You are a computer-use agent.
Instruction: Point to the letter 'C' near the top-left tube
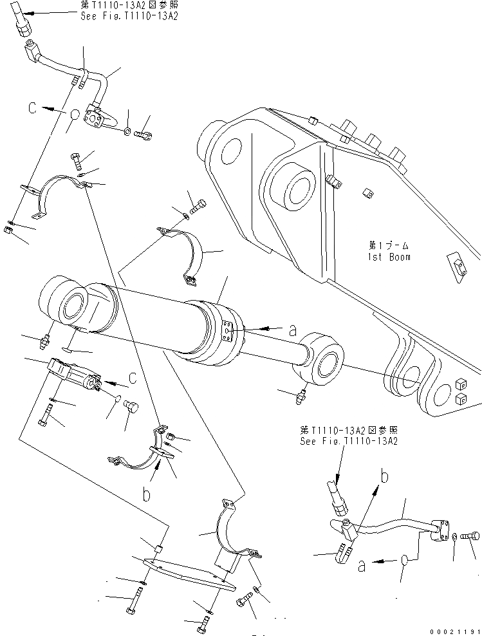[x=32, y=109]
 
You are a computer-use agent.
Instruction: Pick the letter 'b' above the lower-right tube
[x=384, y=478]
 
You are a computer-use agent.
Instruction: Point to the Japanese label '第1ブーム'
[x=389, y=246]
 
